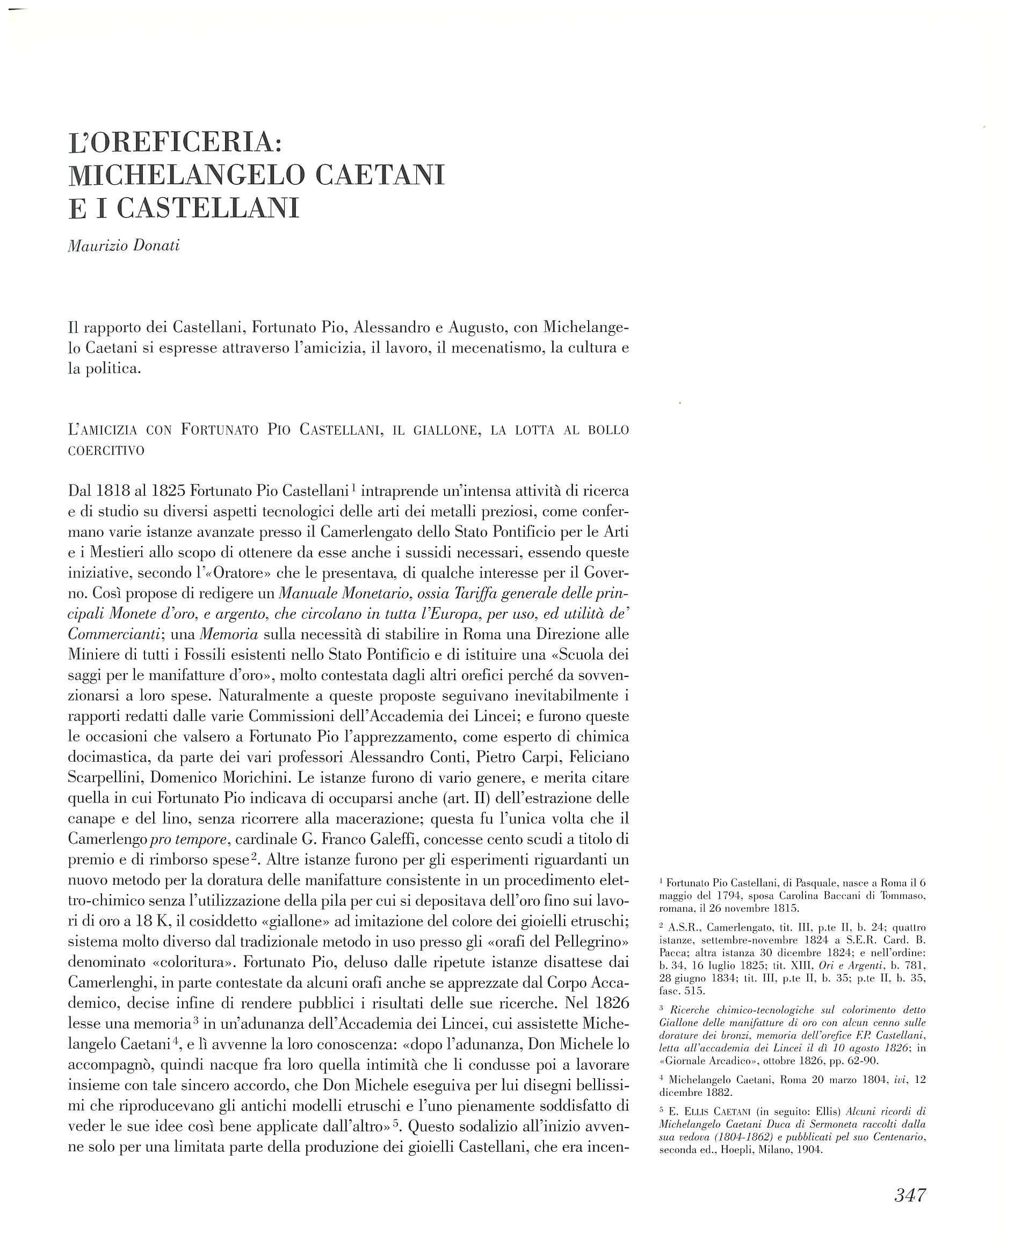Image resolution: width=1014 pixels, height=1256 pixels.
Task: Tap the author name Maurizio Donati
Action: coord(124,246)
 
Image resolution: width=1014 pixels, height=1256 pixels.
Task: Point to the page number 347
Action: coord(910,1195)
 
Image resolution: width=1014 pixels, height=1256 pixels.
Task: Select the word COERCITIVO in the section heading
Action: coord(106,452)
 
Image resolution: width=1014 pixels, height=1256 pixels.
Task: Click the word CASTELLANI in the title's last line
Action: coord(208,208)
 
